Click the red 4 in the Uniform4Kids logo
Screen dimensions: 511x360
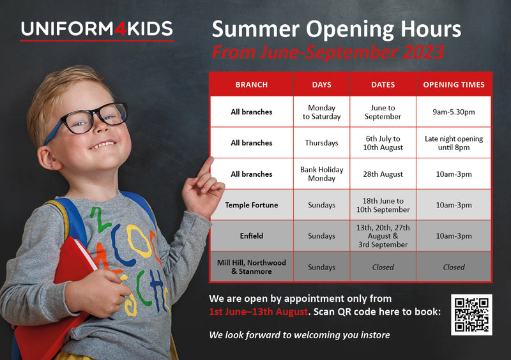pos(120,29)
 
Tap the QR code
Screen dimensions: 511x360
pos(471,315)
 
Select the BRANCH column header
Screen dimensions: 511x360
pos(252,85)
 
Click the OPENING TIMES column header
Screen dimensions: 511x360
pos(454,85)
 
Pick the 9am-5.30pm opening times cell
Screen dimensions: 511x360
pos(454,112)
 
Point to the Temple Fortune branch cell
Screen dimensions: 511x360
pos(252,205)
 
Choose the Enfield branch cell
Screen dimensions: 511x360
pos(252,236)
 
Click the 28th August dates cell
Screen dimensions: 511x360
pos(383,174)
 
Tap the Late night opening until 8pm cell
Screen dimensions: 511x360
pos(454,143)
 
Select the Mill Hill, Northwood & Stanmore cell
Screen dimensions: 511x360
pos(252,267)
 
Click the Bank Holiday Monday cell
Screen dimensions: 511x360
pos(322,174)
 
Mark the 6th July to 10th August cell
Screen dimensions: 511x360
pos(383,143)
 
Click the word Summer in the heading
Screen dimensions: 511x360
pos(256,29)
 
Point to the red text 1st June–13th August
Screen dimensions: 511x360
pos(259,311)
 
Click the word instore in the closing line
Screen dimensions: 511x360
pos(375,335)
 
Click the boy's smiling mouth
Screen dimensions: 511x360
pos(103,144)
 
